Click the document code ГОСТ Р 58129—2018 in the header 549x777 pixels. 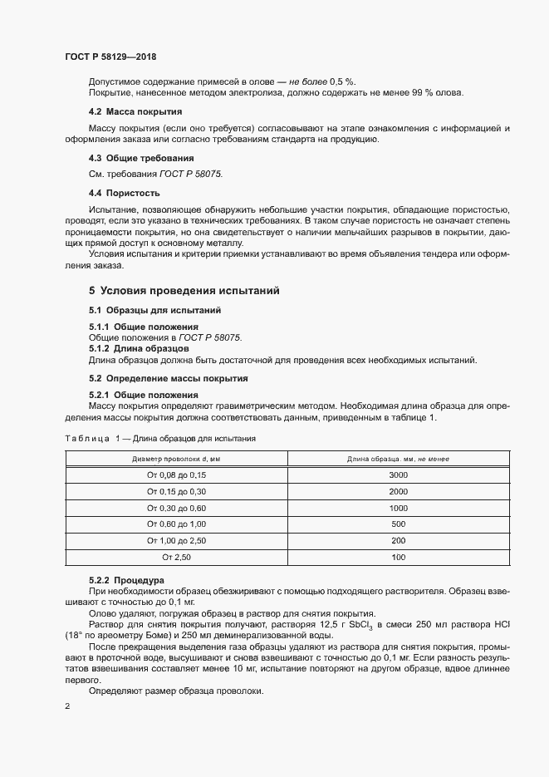point(110,57)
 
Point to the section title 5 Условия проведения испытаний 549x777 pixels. point(184,291)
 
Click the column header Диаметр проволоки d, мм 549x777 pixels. point(176,458)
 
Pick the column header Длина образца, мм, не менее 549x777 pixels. point(398,458)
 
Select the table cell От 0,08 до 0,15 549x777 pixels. point(176,475)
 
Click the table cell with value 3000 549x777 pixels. point(398,475)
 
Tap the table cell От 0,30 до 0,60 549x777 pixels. point(176,508)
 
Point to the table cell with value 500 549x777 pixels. point(398,524)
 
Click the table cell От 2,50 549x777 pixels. point(176,557)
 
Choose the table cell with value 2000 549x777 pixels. point(398,491)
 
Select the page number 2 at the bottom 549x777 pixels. point(67,706)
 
